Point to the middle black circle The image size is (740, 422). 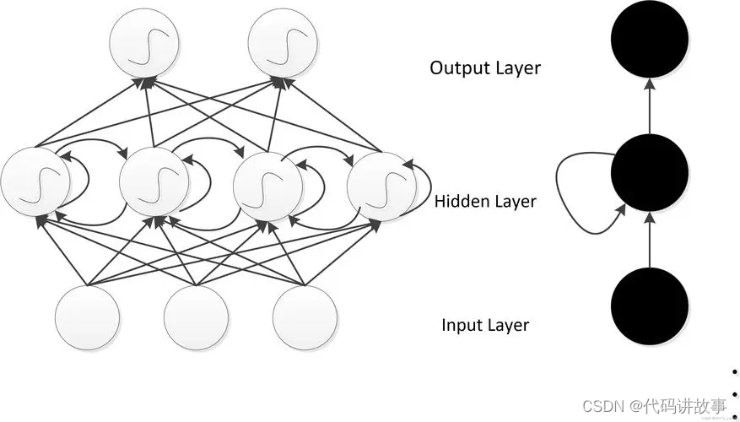tap(650, 172)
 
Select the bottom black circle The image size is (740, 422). tap(650, 305)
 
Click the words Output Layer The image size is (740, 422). tap(484, 68)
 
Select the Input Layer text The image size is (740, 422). tap(485, 325)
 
